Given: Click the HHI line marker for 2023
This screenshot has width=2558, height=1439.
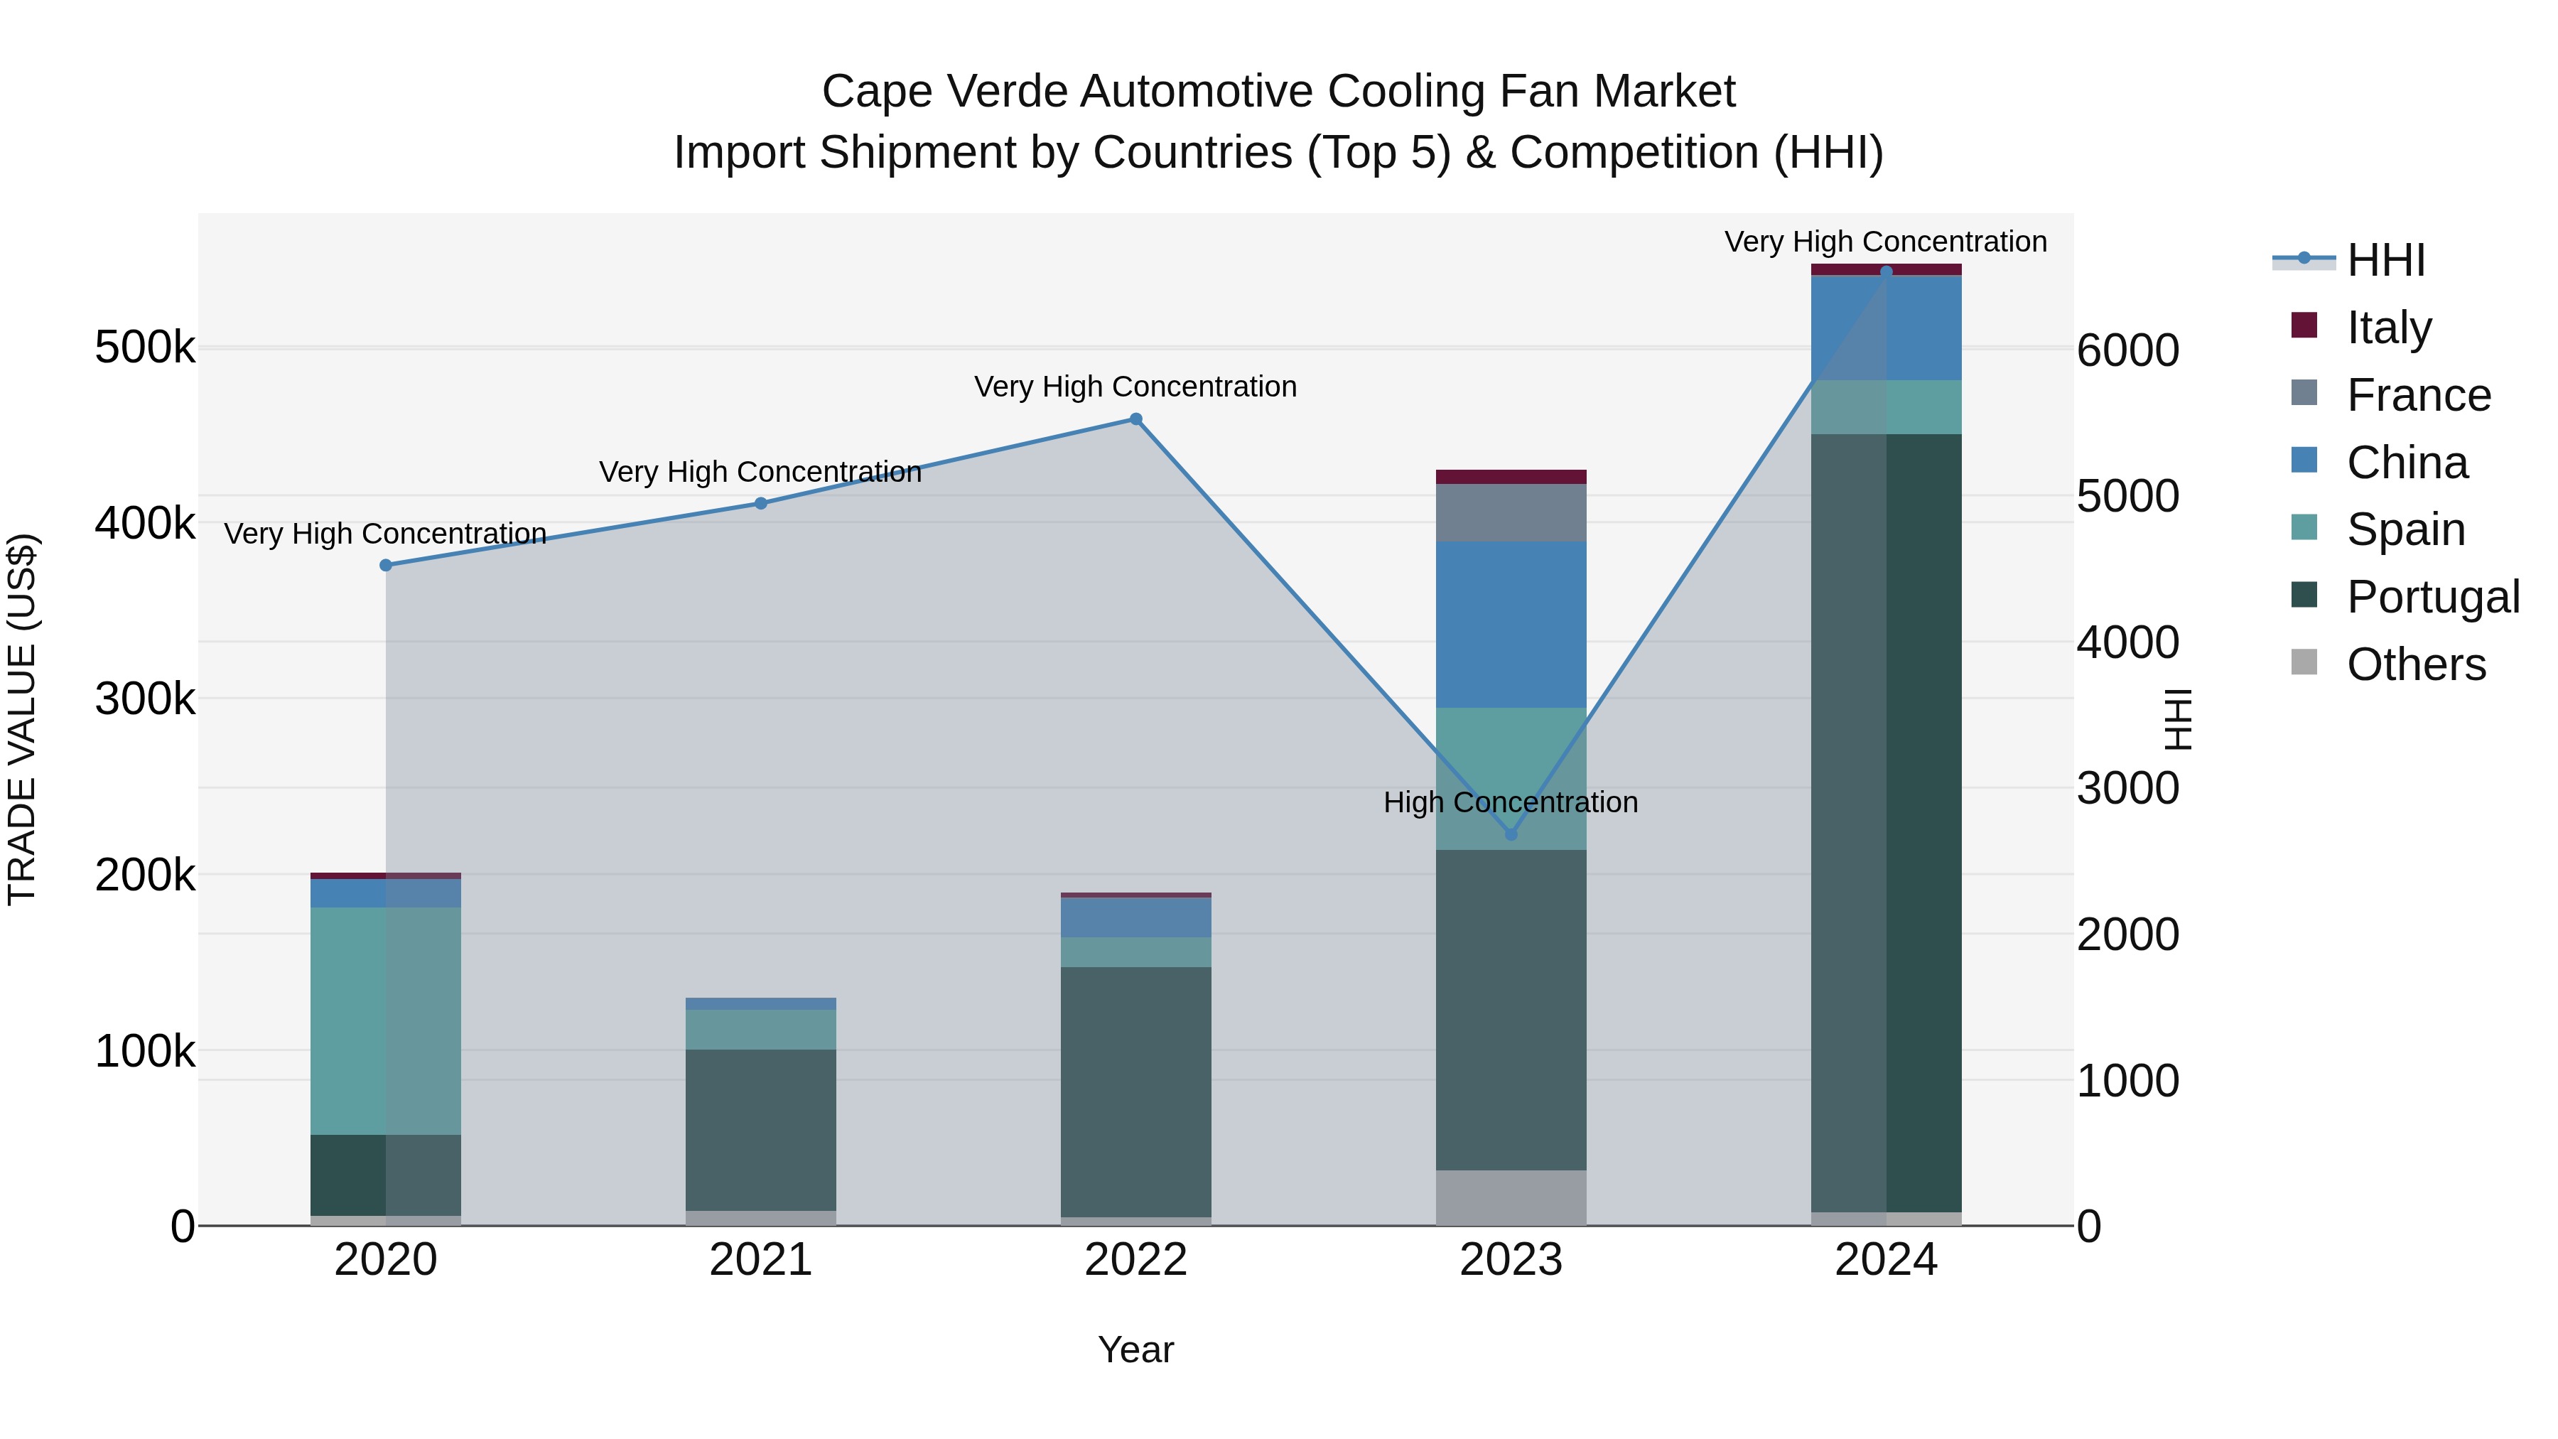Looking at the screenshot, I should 1511,834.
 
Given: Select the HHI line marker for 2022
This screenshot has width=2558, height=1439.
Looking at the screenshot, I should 1136,419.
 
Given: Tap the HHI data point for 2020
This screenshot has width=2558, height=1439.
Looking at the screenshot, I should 387,565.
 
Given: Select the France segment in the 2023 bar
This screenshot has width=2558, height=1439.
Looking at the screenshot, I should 1511,512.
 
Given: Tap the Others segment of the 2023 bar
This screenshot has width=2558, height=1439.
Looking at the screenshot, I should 1511,1197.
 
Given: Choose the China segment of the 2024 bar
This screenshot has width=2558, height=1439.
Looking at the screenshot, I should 1886,328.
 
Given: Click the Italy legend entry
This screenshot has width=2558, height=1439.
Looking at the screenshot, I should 2388,327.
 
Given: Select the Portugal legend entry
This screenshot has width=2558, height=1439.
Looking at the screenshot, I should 2432,597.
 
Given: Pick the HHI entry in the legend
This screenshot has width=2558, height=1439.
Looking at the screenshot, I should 2384,260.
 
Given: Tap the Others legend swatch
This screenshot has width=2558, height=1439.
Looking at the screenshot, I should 2304,662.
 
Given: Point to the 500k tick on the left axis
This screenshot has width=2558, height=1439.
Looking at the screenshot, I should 145,347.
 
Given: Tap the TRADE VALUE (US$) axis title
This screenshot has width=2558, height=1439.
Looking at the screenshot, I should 22,719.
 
